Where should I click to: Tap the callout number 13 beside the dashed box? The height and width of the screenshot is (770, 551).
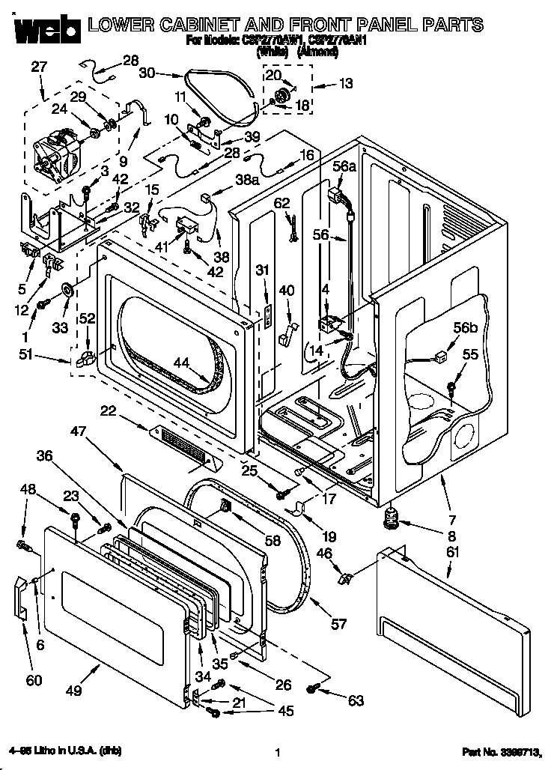click(x=345, y=84)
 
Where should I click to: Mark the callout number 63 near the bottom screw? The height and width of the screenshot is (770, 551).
click(x=356, y=700)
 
